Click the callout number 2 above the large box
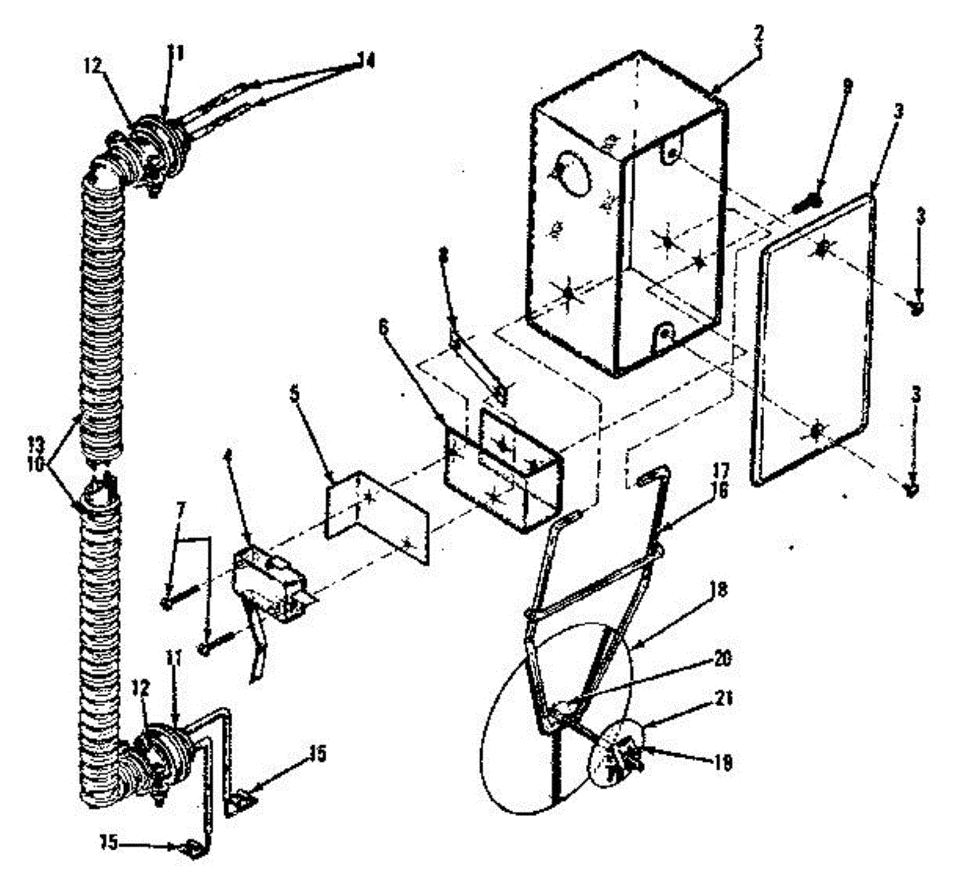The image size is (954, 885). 758,33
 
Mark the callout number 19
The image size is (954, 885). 723,763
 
